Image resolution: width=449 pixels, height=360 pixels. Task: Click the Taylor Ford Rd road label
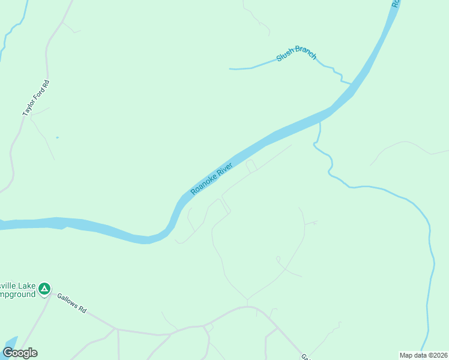pos(35,98)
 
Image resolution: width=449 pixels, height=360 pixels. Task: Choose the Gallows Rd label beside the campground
pos(71,303)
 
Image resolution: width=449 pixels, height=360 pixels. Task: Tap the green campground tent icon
pos(44,290)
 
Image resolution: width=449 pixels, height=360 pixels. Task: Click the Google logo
pos(20,353)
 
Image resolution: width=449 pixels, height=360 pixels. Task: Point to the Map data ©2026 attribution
pos(423,355)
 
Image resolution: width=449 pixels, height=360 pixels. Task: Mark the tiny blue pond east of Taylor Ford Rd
pos(57,137)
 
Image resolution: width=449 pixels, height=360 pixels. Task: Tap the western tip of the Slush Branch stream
pos(231,69)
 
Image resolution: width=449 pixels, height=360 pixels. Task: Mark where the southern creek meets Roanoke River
pos(320,122)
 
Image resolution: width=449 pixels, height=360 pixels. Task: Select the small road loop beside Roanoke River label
pos(251,166)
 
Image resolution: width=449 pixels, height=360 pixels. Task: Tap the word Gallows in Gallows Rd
pos(68,301)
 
